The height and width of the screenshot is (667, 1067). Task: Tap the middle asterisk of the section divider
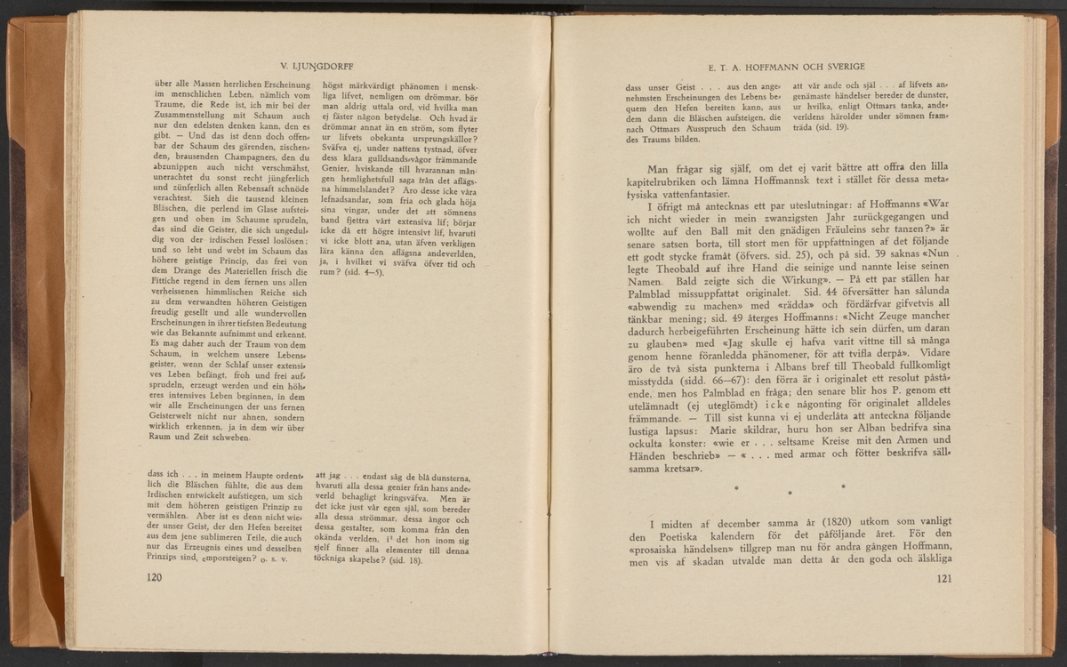point(790,490)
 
